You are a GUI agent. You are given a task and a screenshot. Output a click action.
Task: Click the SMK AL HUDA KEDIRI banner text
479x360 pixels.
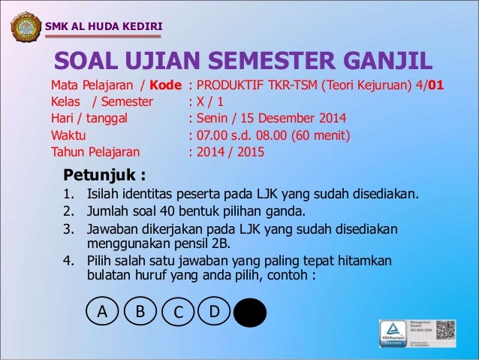click(104, 28)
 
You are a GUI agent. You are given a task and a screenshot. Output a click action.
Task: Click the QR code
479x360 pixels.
click(446, 331)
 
